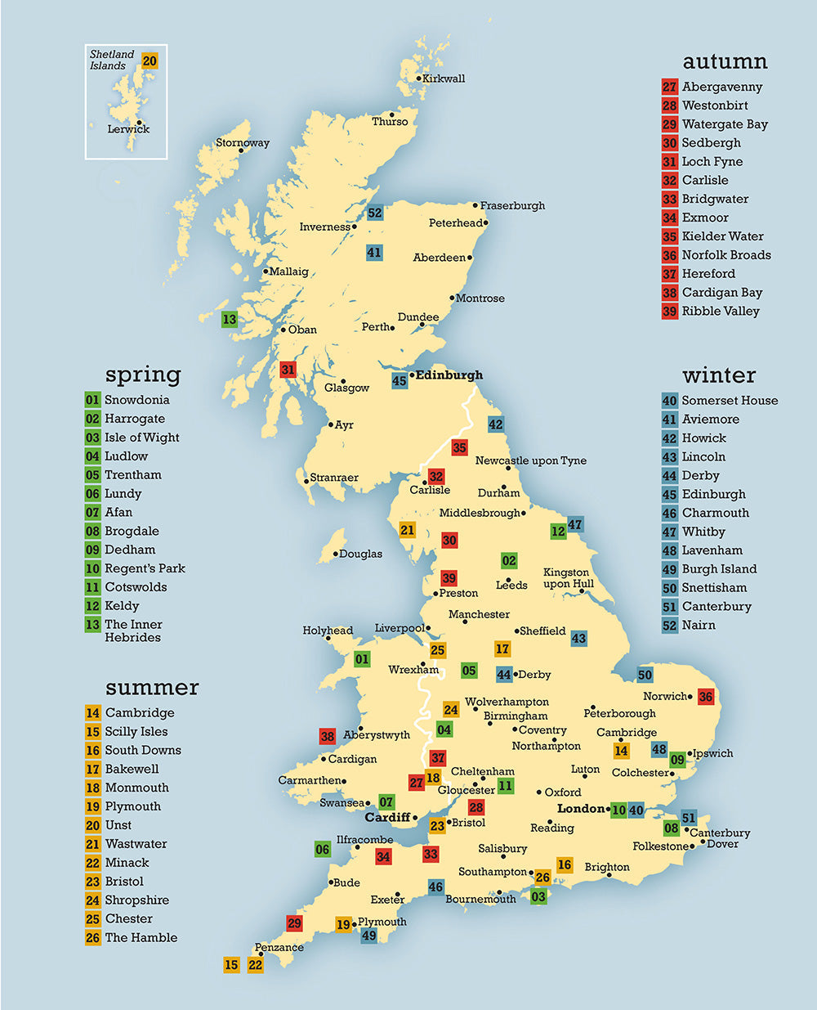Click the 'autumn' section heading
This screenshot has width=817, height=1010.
point(725,61)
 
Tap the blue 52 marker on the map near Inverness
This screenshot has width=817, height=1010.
point(375,213)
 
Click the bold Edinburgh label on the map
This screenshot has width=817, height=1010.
point(449,375)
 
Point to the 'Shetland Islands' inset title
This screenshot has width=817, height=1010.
point(112,60)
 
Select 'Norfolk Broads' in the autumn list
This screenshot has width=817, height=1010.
point(726,255)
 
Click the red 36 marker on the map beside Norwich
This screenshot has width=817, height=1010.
point(706,697)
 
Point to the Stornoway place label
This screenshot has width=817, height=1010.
point(243,143)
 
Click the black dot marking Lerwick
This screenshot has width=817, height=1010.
point(140,122)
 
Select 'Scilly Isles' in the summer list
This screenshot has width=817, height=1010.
point(136,732)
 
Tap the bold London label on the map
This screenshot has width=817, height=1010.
point(581,808)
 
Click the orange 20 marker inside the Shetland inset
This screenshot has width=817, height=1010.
point(150,61)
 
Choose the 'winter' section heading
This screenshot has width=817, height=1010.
point(719,375)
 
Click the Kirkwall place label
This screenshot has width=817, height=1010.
point(444,79)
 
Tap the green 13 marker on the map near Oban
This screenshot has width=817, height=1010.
point(230,320)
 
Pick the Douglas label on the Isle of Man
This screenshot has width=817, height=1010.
point(360,554)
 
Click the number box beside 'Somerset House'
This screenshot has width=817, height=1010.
point(670,401)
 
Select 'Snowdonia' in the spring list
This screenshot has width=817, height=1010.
point(137,400)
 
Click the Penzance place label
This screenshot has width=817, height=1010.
point(279,948)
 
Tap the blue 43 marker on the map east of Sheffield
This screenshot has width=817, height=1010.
point(578,639)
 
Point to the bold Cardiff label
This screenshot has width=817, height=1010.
point(387,818)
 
